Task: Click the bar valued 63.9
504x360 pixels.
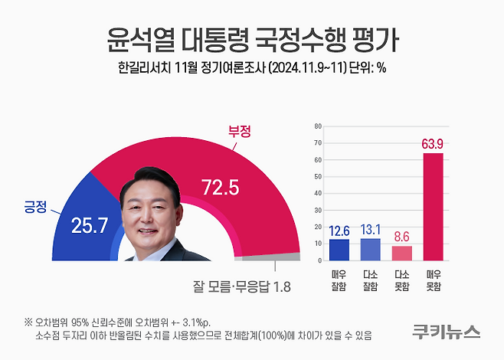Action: [433, 207]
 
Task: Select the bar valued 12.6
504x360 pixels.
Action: [339, 250]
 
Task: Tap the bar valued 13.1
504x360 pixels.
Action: [371, 250]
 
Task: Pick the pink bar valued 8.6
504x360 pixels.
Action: [401, 254]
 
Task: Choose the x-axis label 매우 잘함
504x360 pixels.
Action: [339, 280]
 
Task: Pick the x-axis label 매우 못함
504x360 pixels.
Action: [433, 280]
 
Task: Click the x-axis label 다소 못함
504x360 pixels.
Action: [401, 280]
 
